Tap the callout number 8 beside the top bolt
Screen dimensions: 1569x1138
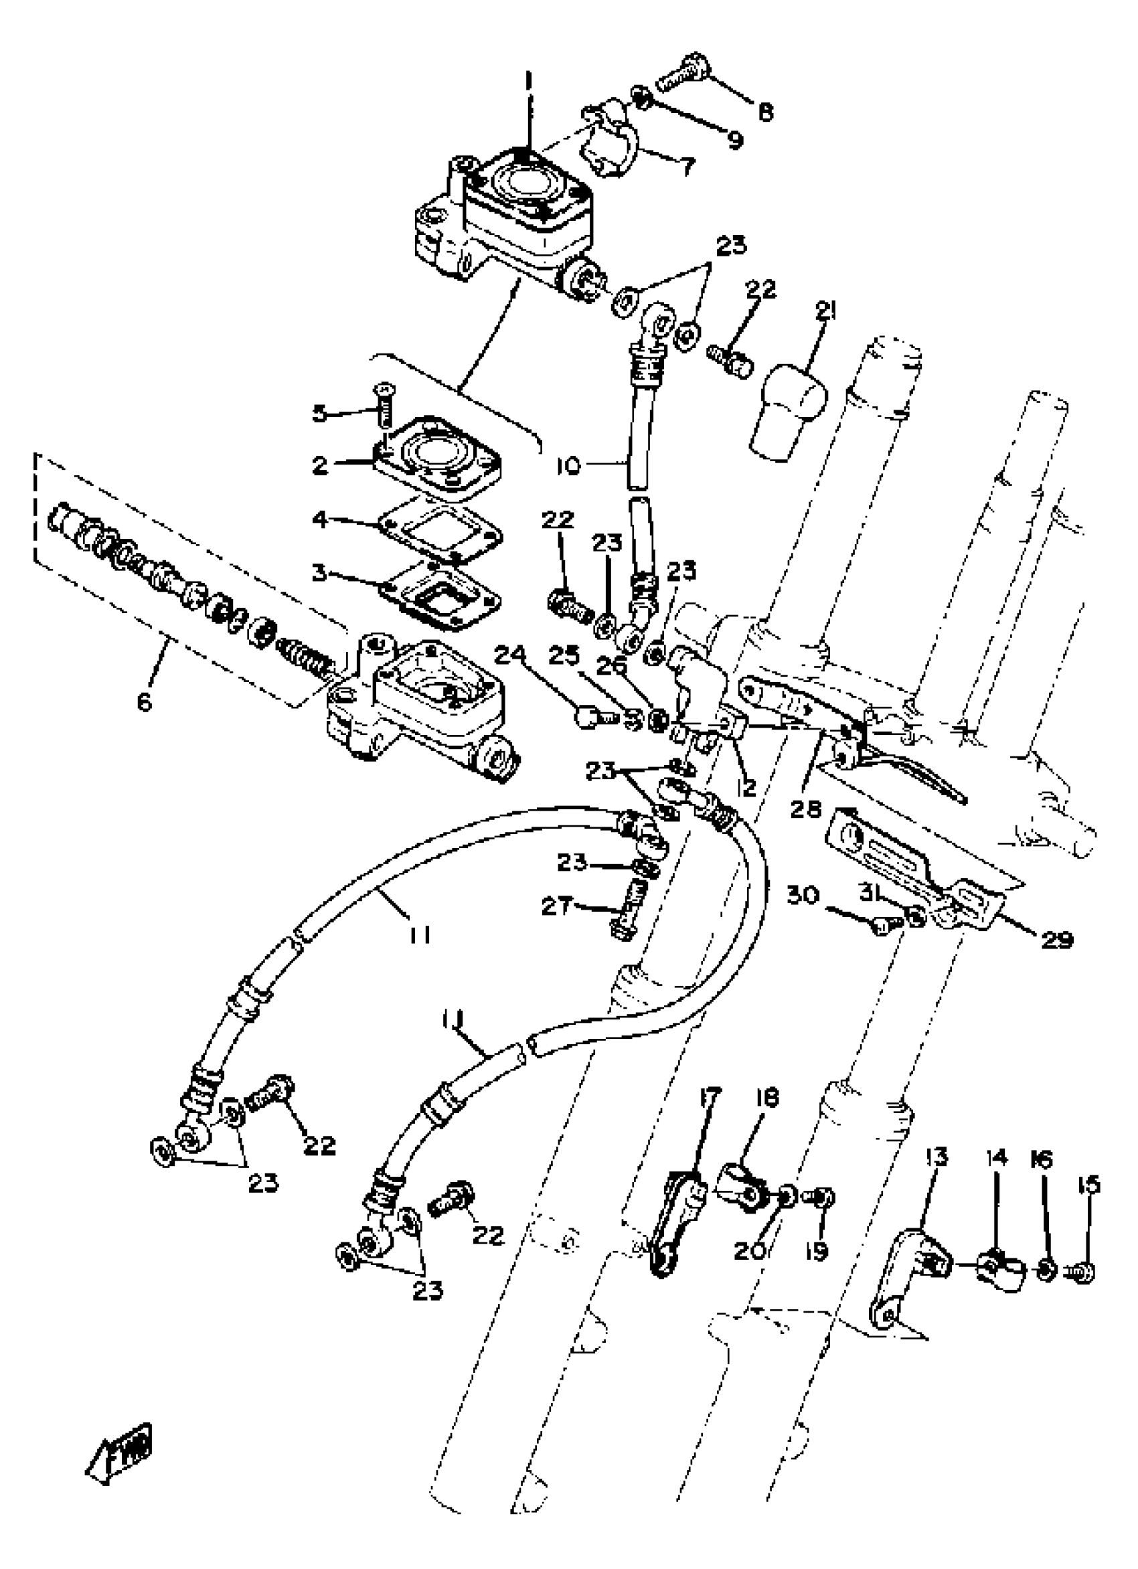[x=764, y=111]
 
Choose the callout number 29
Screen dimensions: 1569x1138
[x=1056, y=940]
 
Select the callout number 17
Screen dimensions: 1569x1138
[x=710, y=1096]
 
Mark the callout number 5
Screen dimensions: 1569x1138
[x=319, y=414]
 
